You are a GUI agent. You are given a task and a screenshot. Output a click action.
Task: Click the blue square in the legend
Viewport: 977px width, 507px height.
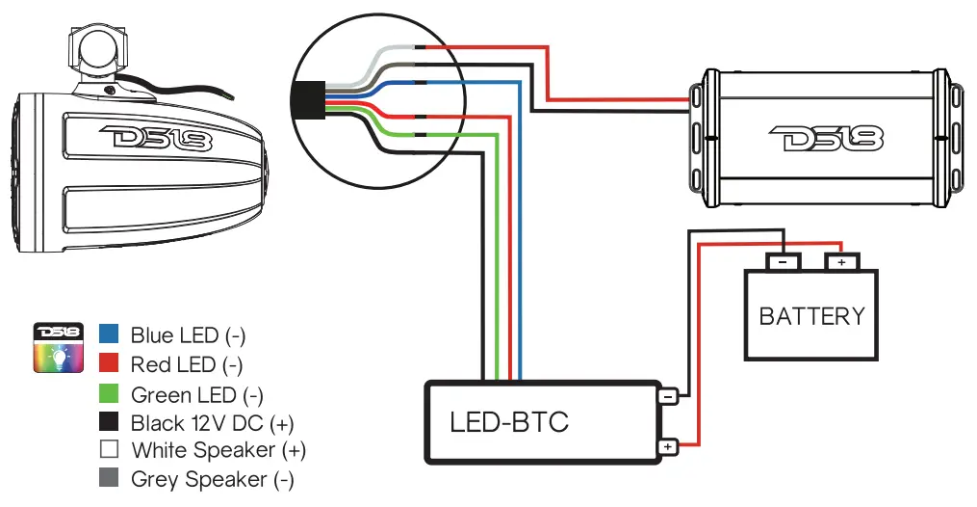point(109,334)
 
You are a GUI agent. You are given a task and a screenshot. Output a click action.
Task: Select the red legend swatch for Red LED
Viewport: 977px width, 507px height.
point(109,363)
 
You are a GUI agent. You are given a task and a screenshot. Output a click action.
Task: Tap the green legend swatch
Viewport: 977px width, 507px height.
point(109,393)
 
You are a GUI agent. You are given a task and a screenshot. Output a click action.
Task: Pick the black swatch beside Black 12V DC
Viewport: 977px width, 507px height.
point(109,421)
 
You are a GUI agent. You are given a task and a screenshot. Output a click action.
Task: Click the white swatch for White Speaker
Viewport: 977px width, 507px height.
point(109,449)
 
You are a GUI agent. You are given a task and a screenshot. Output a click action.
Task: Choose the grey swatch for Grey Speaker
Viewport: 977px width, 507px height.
point(109,478)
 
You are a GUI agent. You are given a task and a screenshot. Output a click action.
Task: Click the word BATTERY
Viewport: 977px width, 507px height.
point(811,316)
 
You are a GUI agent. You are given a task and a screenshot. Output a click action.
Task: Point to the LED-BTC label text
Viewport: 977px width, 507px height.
point(508,422)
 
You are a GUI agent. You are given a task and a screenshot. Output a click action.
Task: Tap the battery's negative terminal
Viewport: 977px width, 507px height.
point(783,261)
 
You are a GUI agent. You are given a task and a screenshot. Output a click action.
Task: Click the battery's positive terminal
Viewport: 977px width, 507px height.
point(841,261)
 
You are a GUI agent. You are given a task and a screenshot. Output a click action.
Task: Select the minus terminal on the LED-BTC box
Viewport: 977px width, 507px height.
point(667,395)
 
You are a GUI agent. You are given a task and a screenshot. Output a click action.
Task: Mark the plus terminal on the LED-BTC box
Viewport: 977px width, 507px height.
point(667,446)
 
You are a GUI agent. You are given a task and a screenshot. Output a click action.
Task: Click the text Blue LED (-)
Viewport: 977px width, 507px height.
point(188,335)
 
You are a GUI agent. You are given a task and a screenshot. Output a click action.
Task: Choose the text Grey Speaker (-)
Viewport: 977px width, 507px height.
point(212,479)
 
